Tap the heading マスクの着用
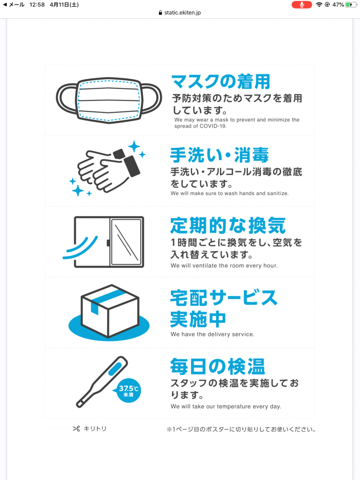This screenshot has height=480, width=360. click(x=221, y=81)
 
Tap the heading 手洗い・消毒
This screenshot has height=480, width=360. click(x=219, y=155)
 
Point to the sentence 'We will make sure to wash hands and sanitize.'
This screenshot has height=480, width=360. click(x=236, y=193)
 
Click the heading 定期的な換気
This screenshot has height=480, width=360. click(x=228, y=225)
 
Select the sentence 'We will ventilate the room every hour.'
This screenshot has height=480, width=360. click(x=224, y=265)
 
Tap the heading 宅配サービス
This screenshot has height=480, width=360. click(x=224, y=297)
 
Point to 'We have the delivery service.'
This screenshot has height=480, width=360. click(x=212, y=334)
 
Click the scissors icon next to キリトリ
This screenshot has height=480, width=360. click(x=76, y=429)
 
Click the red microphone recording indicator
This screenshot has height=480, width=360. click(x=301, y=4)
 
